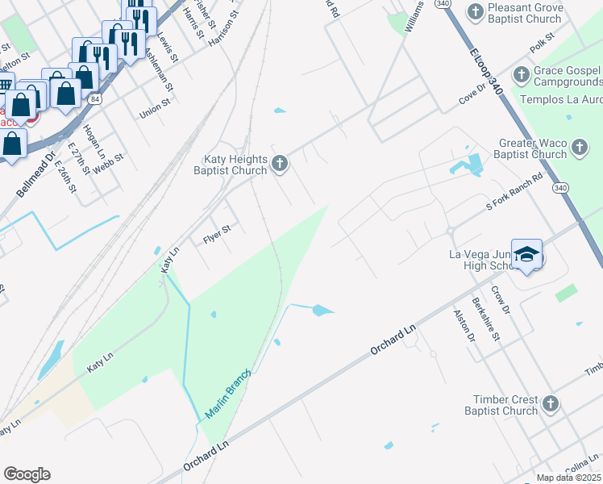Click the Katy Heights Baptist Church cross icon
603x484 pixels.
(x=280, y=164)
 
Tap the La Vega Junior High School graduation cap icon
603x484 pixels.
(x=526, y=256)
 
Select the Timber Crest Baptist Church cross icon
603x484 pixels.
(x=550, y=403)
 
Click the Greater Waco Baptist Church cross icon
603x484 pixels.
(x=580, y=148)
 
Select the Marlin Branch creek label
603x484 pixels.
(x=228, y=394)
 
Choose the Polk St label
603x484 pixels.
(x=543, y=38)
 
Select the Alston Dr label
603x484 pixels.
(x=464, y=325)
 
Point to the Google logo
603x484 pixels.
(x=27, y=474)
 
